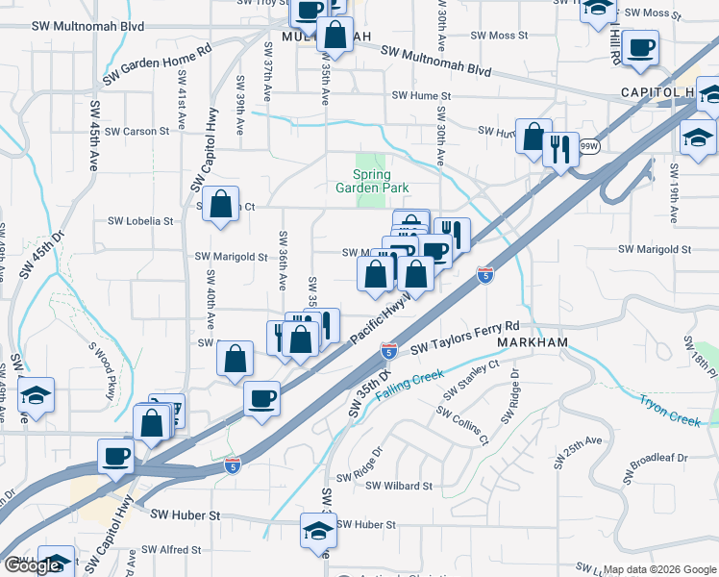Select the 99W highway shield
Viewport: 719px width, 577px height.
coord(590,146)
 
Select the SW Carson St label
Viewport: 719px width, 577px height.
coord(137,131)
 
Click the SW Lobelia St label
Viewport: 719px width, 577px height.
coord(140,220)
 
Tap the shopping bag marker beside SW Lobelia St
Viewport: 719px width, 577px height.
coord(221,205)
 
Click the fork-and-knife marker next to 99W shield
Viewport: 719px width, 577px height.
coord(560,150)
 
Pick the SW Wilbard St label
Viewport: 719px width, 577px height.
coord(398,487)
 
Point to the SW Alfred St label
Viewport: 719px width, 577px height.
coord(170,550)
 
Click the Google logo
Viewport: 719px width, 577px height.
coord(33,565)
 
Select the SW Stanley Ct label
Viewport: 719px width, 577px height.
coord(471,381)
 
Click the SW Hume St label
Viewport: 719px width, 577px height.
coord(421,96)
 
